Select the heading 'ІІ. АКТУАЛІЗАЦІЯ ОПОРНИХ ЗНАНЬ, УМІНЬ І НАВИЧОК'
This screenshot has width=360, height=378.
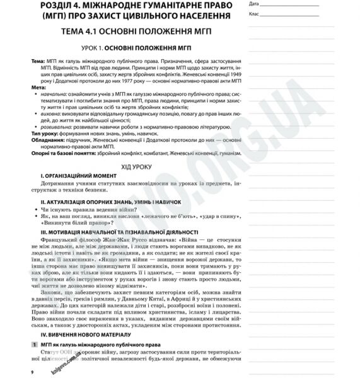(110, 202)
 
